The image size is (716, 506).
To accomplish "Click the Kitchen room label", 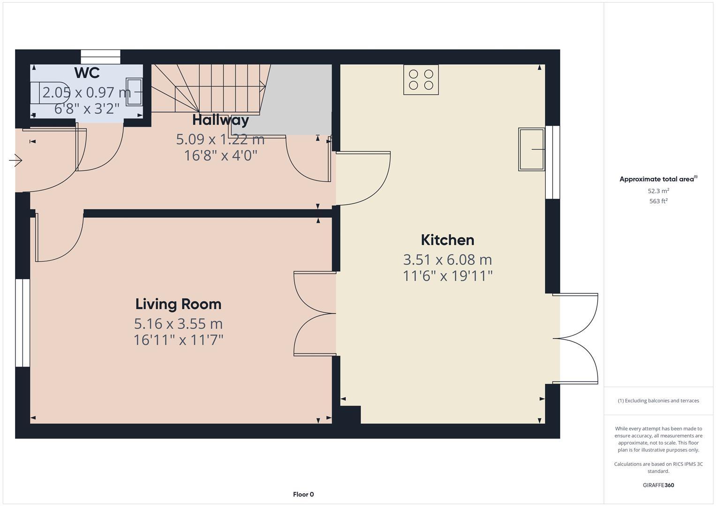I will coord(447,240).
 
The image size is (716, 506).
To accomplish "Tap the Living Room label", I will coord(178,304).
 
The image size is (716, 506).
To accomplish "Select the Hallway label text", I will coord(220,120).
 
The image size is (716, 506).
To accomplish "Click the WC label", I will coord(87,73).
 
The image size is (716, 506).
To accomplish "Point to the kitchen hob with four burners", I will coord(421,80).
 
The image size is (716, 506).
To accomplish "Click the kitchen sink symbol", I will coord(531,149).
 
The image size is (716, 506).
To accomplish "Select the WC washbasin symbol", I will coord(135,92).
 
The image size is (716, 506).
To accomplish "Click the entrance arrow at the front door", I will coord(15,161).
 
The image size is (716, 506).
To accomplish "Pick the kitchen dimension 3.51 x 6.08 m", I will coord(447,260).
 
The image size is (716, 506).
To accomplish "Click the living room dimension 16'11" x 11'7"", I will coord(178,340).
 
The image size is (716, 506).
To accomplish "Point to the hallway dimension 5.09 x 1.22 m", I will coord(220,139).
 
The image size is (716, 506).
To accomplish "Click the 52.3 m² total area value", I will coord(658,191).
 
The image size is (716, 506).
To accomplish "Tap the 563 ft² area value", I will coord(658,201).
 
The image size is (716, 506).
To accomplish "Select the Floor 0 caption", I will coord(303,494).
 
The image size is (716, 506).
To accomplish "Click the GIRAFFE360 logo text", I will coord(658,485).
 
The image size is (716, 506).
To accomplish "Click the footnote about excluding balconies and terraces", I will coord(658,401).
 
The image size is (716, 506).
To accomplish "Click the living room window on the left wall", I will coord(23,323).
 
